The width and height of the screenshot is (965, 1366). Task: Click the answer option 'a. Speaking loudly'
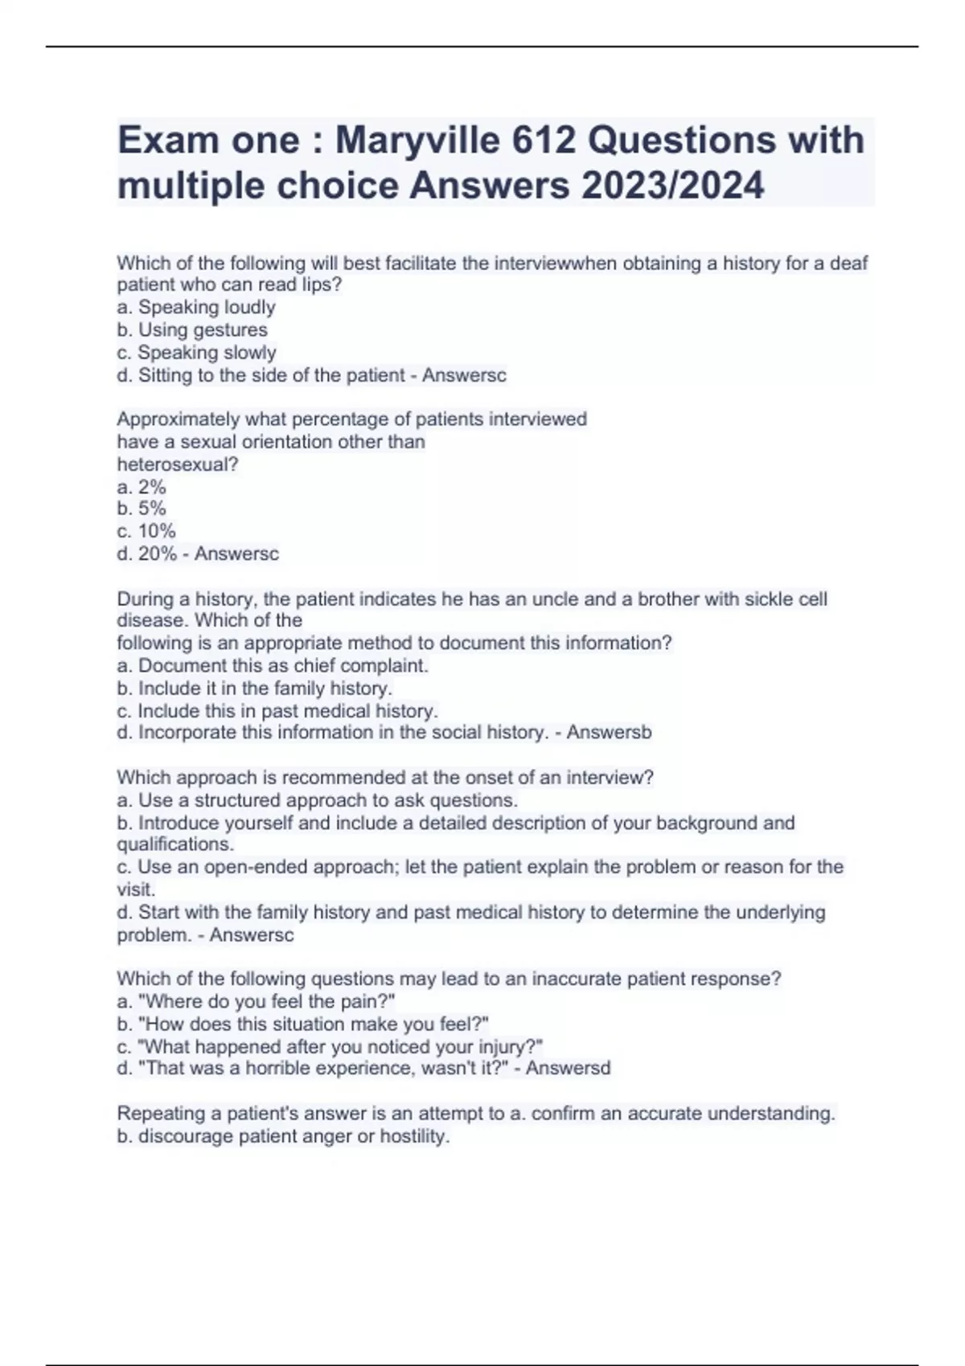tap(196, 307)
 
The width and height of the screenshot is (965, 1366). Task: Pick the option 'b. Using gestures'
tap(192, 329)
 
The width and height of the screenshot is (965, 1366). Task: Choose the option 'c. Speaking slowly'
tap(196, 352)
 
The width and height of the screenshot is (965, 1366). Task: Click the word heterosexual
tap(177, 464)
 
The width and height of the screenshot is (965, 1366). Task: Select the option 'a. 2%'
tap(142, 487)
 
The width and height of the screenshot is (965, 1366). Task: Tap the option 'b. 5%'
tap(142, 509)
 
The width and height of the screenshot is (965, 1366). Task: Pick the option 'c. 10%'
tap(146, 531)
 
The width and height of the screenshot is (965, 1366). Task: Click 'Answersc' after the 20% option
tap(236, 554)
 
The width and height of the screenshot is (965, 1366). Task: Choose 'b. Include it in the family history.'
tap(255, 688)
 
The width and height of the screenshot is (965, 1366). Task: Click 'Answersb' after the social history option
tap(609, 732)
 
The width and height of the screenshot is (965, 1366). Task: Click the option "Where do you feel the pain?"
tap(257, 1001)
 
